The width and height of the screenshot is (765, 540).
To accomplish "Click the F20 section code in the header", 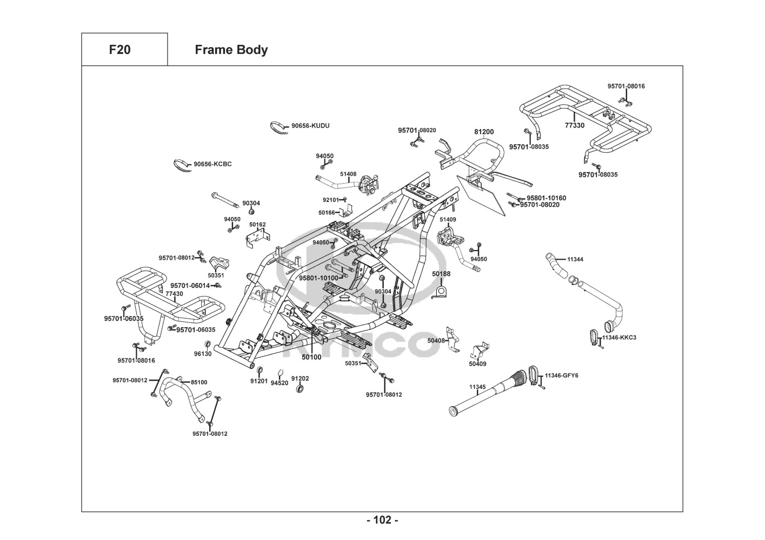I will click(119, 50).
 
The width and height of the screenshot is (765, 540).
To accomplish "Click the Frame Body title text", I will click(231, 50).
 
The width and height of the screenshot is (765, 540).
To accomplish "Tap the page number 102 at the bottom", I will click(382, 520).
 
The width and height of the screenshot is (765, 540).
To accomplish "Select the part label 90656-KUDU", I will click(310, 126).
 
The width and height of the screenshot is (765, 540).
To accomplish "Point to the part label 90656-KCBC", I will click(212, 164).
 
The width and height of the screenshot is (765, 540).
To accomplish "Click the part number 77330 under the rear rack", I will click(574, 125).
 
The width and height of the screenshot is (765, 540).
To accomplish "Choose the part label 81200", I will click(484, 132).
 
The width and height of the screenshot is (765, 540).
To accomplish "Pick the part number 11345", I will click(477, 387).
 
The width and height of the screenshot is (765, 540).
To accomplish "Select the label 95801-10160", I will click(547, 198).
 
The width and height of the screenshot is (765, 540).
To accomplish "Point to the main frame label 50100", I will click(311, 357).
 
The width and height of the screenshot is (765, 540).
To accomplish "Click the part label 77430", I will click(174, 294).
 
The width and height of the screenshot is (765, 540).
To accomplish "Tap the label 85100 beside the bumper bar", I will click(199, 382).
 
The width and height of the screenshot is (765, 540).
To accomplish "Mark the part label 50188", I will click(441, 274).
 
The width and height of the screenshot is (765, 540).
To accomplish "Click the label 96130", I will click(203, 354).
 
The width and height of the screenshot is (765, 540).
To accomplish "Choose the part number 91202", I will click(300, 379).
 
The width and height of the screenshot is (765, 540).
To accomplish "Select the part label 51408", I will click(348, 174).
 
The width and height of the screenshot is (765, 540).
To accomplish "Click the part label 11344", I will click(575, 259).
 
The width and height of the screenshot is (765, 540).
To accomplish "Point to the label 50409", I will click(477, 364).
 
